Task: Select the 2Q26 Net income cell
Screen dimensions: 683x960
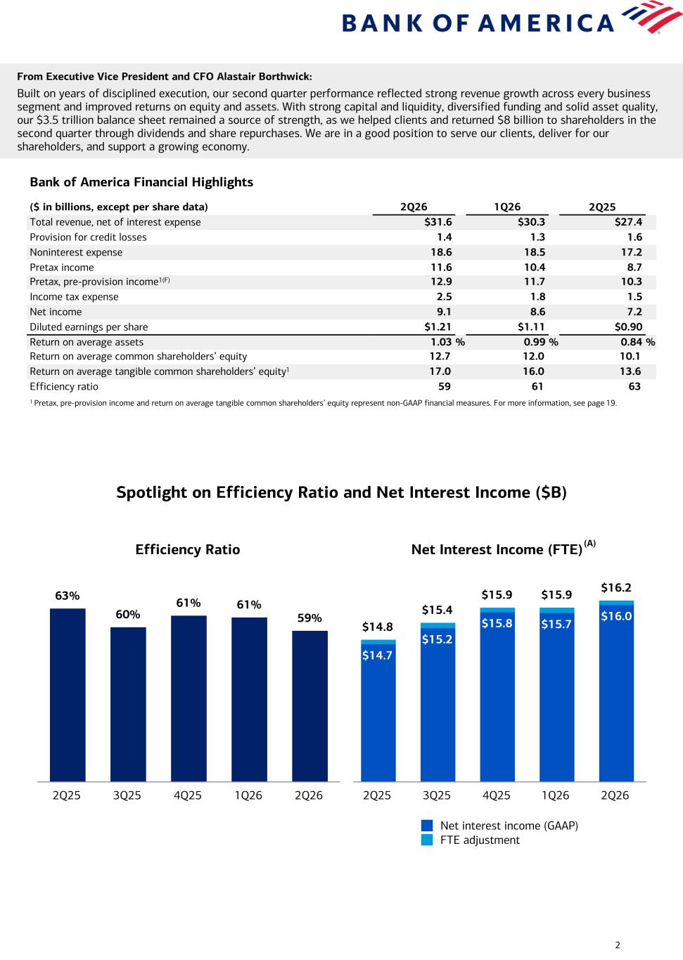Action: [x=444, y=312]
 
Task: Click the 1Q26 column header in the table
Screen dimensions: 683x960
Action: [x=507, y=207]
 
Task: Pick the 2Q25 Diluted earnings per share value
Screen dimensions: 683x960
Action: [x=628, y=327]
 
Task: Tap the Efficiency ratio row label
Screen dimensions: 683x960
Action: [x=64, y=387]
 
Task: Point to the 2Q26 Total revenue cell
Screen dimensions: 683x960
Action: [x=438, y=222]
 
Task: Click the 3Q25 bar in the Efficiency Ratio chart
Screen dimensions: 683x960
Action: [x=128, y=704]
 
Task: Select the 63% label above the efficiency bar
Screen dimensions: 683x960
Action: [x=68, y=596]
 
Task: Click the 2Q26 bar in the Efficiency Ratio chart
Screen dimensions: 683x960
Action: [x=309, y=706]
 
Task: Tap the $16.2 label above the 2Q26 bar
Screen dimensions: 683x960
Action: [x=616, y=587]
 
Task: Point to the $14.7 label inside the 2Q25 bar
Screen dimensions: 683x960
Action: [x=377, y=655]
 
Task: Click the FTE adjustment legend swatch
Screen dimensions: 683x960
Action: [x=427, y=840]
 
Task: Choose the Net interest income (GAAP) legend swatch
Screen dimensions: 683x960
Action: [x=427, y=826]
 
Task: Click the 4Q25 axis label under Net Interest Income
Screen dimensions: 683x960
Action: [x=497, y=795]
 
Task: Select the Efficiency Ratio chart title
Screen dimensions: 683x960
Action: [x=188, y=549]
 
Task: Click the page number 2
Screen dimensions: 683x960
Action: [x=618, y=945]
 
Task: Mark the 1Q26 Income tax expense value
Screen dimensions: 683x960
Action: [x=537, y=297]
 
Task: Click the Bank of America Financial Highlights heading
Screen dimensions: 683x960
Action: [x=141, y=182]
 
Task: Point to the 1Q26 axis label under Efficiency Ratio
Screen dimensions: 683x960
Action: [x=248, y=795]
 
